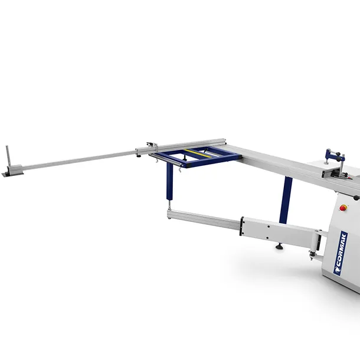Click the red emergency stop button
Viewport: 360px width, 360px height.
(343, 208)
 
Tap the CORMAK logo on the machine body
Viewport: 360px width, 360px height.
(341, 253)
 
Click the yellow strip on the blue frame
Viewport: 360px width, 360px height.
(198, 153)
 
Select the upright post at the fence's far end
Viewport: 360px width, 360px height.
(8, 156)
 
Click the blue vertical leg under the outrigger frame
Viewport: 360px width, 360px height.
(169, 181)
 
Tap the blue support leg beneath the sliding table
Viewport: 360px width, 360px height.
(286, 199)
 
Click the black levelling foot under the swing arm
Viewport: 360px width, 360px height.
(279, 246)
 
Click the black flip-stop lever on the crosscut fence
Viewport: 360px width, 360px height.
(150, 144)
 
